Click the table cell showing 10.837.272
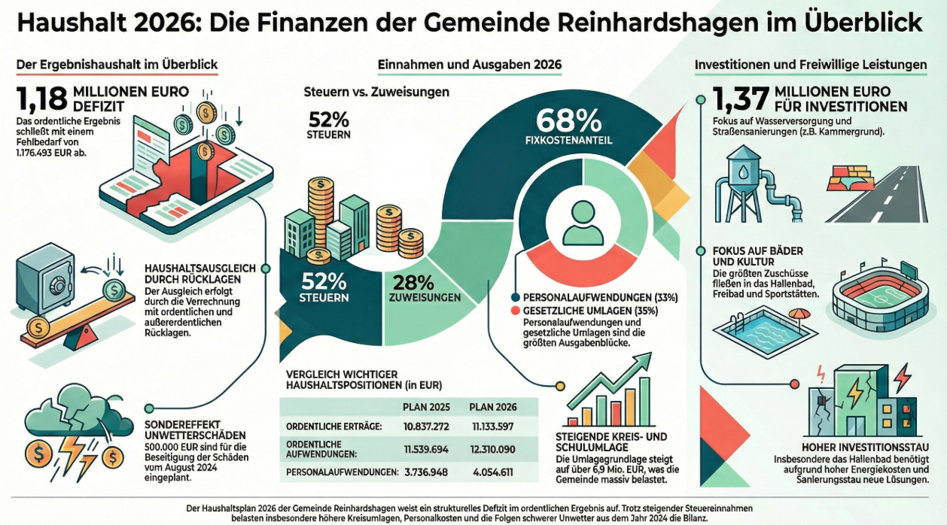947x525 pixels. coord(426,426)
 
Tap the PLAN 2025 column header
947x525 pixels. coord(426,407)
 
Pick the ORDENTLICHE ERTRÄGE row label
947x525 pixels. coord(333,426)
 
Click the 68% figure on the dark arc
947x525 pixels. coord(568,120)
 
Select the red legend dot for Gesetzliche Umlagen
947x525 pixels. coord(515,310)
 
